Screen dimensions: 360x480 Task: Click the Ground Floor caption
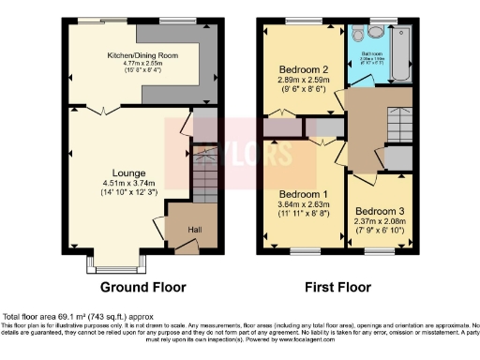click(x=142, y=287)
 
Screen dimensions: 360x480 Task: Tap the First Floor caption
click(x=334, y=287)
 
